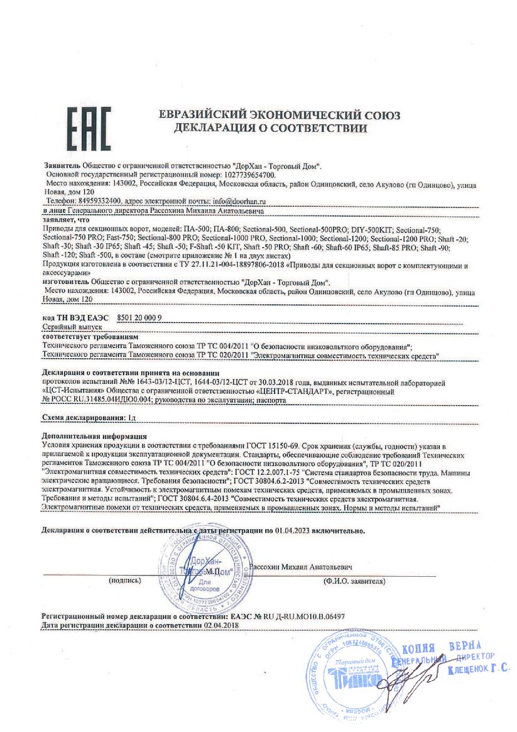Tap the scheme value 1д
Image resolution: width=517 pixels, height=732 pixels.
[x=131, y=417]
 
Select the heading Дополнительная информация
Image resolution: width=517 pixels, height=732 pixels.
[x=94, y=435]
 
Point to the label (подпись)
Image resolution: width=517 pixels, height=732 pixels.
[x=124, y=581]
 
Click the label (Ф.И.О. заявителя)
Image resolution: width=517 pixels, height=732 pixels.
[x=354, y=581]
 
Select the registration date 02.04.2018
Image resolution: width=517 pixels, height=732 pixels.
[x=220, y=626]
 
